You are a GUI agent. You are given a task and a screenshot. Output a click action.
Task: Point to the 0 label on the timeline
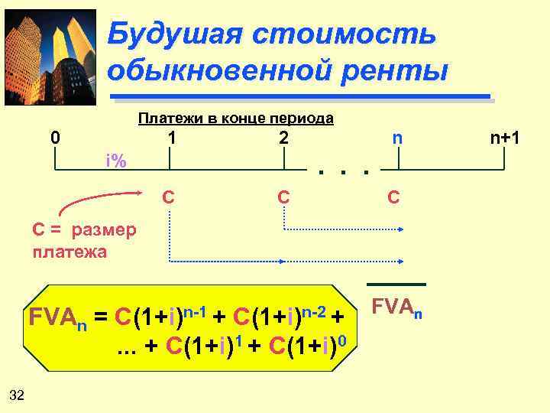pos(54,138)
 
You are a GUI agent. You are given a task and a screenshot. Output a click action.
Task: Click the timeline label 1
pos(173,138)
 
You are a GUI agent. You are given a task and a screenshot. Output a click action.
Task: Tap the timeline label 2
pos(283,138)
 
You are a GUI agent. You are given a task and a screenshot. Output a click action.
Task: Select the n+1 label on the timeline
pos(505,138)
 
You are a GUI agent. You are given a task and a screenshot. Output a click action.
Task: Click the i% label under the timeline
pos(116,161)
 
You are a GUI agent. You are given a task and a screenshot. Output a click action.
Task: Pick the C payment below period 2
pos(283,197)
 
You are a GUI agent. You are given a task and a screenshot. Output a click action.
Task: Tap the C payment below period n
pos(393,197)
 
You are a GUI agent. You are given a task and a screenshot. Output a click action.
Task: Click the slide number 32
pos(17,395)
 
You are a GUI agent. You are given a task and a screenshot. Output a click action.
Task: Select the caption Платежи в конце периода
pos(235,118)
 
